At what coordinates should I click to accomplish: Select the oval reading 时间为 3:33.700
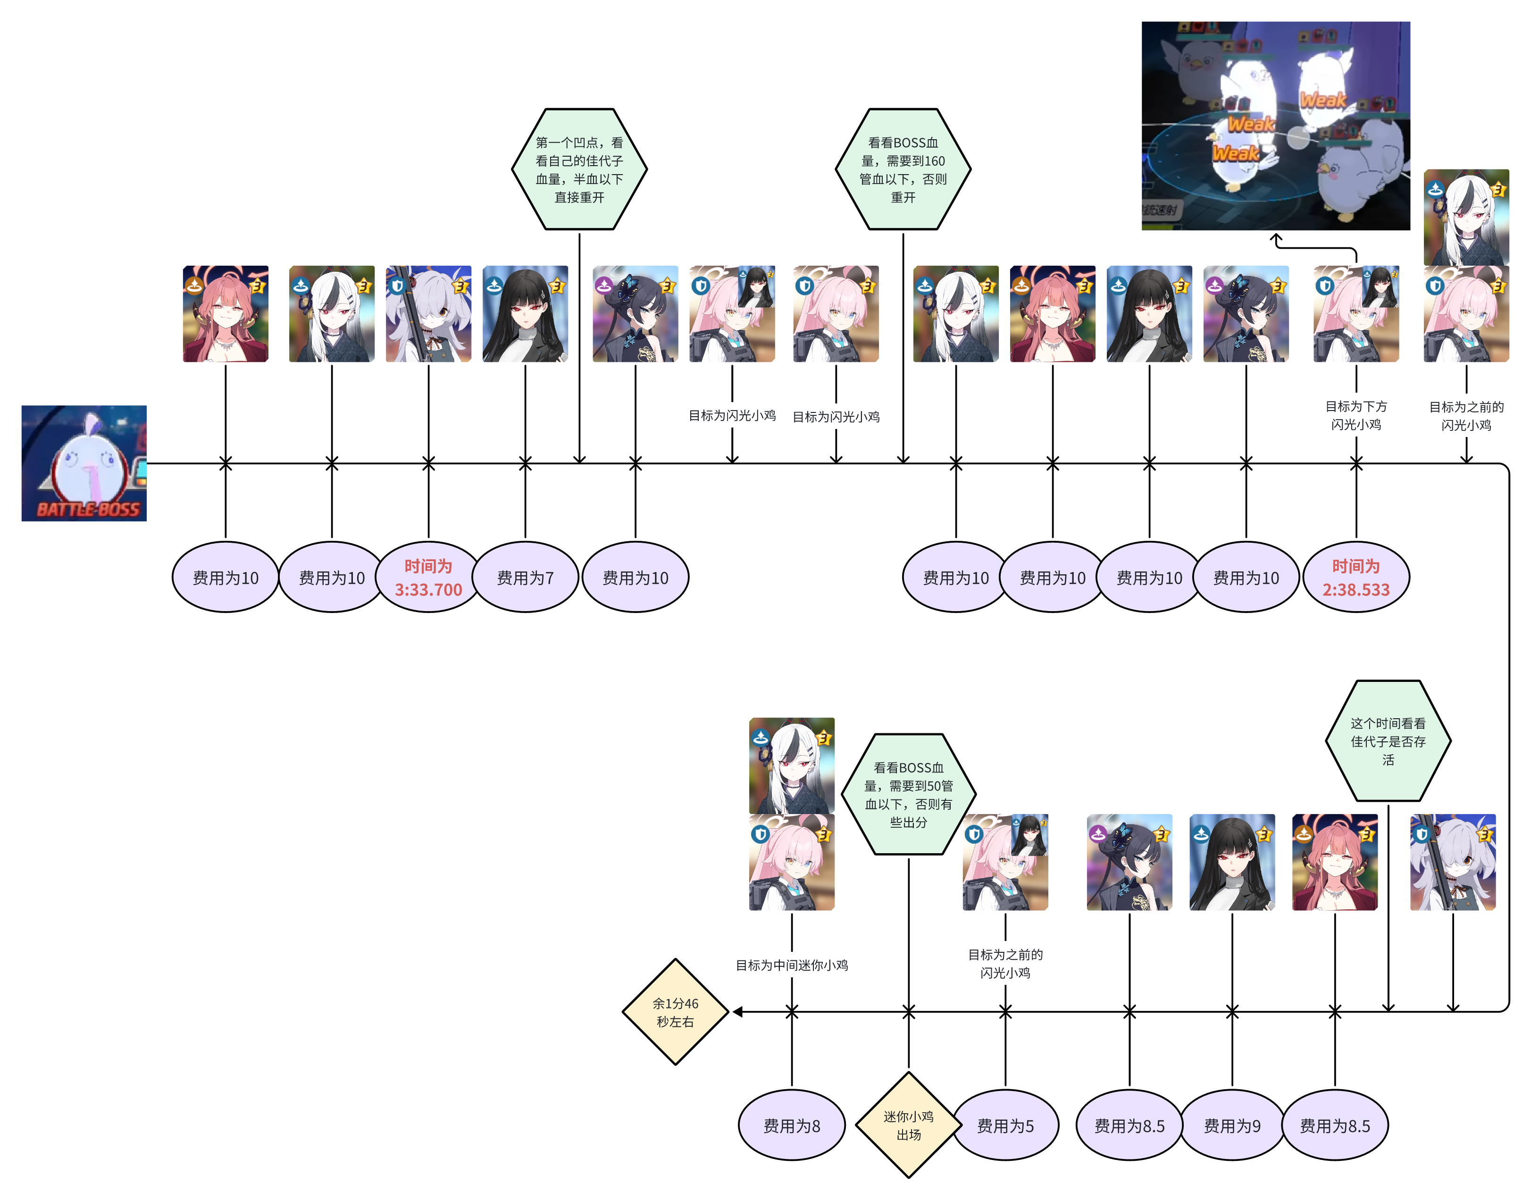(428, 577)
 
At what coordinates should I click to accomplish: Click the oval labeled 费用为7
(525, 577)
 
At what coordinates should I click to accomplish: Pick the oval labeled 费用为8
(791, 1125)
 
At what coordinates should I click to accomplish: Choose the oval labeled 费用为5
(1005, 1125)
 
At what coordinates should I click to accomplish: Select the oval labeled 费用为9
(1232, 1125)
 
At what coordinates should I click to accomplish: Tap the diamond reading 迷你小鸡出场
(908, 1125)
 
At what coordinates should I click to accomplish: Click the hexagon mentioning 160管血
(903, 169)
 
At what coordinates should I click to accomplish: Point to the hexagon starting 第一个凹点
(579, 169)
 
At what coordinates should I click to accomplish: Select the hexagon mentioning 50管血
(908, 794)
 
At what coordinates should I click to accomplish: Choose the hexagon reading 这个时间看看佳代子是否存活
(1388, 741)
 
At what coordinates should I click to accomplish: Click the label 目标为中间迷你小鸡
(791, 965)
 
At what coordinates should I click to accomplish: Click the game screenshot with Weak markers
(1275, 126)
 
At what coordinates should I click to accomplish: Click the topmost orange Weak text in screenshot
(1322, 100)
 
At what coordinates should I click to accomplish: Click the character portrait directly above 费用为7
(525, 314)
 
